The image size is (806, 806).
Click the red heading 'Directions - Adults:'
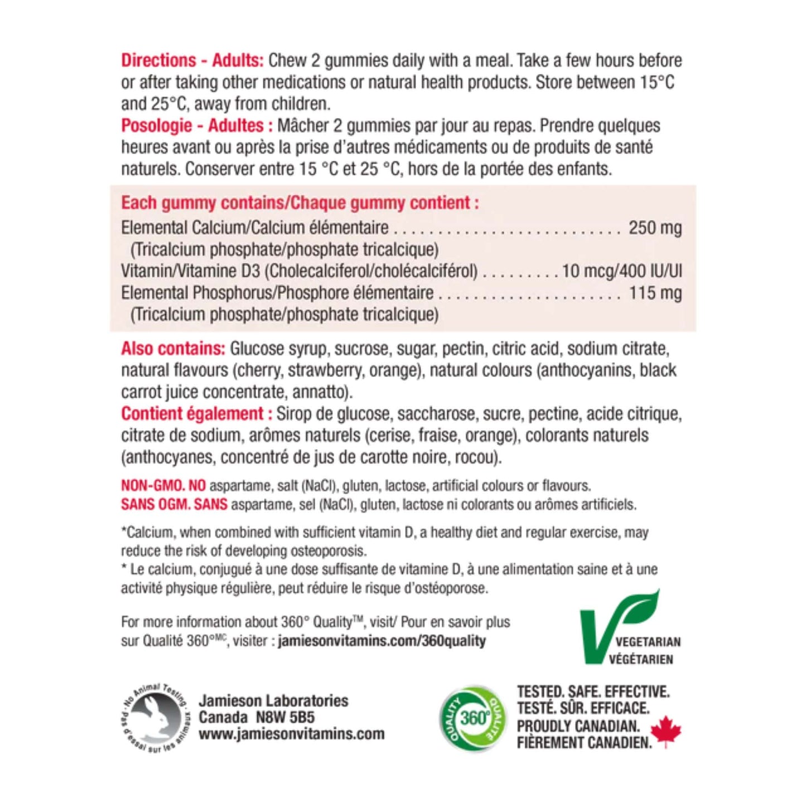click(192, 60)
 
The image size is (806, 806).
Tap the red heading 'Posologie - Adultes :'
click(197, 126)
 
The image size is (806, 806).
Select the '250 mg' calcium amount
click(655, 228)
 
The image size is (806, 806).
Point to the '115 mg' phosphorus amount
click(655, 293)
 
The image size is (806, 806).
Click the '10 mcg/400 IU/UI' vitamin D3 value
click(621, 271)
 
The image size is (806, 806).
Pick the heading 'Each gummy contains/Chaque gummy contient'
click(300, 203)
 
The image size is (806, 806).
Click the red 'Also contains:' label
click(173, 349)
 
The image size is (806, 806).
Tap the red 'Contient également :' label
click(196, 414)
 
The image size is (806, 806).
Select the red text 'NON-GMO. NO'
click(163, 486)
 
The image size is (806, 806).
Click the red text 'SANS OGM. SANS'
click(174, 505)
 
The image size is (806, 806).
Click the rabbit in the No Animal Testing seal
click(159, 717)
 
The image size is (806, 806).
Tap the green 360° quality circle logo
click(473, 718)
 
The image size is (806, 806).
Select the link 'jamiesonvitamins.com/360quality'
click(382, 641)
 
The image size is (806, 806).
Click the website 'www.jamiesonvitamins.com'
click(291, 734)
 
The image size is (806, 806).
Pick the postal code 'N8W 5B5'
click(284, 717)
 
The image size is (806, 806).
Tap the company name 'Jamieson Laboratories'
click(273, 701)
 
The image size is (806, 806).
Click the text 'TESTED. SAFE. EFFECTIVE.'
click(593, 692)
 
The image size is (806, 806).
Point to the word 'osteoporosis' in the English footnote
click(327, 551)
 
